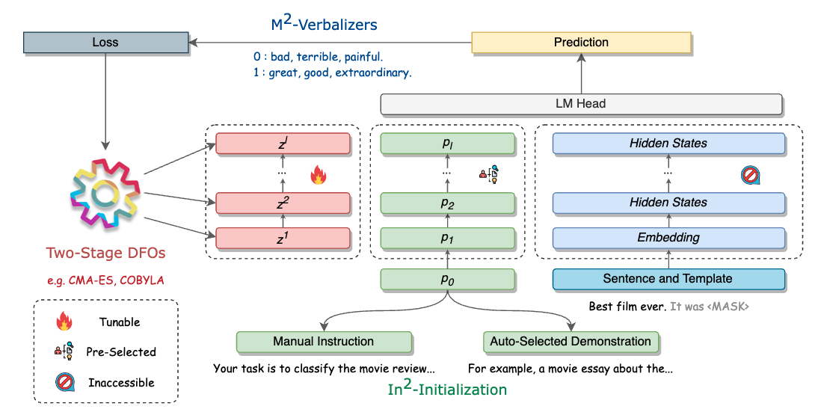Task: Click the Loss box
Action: pos(105,43)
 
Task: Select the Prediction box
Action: pos(581,43)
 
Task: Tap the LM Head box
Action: pos(581,104)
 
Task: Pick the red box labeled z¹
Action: pos(283,238)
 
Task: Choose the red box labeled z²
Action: pos(283,203)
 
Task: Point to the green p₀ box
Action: pos(448,279)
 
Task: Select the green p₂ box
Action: pos(448,203)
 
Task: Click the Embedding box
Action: pos(668,238)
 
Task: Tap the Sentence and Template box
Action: pos(668,279)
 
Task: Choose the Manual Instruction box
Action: pos(323,342)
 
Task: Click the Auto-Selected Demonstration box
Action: pos(571,342)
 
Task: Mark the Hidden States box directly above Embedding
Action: pos(668,203)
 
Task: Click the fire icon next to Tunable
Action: pos(63,322)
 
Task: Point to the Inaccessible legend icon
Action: pos(63,382)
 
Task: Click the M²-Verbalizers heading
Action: pos(324,24)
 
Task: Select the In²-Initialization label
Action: pos(447,389)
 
